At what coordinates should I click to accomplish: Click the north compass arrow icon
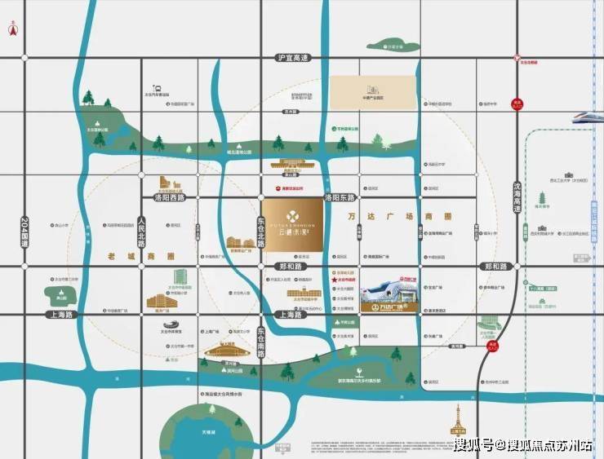pos(13,26)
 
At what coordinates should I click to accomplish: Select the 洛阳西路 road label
pos(170,198)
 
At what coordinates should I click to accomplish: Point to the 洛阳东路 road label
pos(340,198)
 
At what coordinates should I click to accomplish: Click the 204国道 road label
pos(24,231)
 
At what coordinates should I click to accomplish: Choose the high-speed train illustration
pos(583,119)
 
